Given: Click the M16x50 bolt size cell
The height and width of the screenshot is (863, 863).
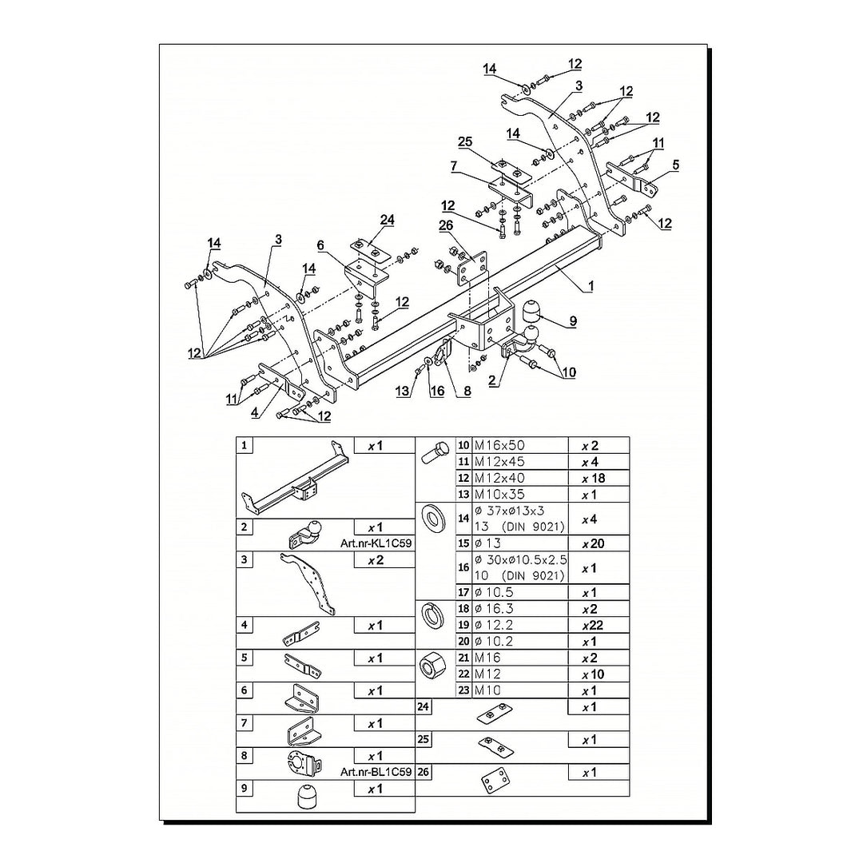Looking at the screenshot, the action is click(499, 445).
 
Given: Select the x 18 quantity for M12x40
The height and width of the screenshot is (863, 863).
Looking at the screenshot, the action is click(593, 479).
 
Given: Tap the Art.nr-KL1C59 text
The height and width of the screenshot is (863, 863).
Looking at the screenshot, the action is click(376, 543).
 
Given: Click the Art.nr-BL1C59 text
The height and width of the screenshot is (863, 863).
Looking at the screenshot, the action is click(376, 772).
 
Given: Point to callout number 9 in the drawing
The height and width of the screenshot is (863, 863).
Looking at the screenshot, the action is click(573, 321).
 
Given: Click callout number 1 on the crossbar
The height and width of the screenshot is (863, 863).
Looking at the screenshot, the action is click(591, 286).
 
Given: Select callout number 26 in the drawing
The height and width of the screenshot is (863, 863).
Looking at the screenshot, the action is click(446, 225).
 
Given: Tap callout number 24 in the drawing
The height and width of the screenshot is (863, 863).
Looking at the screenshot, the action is click(388, 220).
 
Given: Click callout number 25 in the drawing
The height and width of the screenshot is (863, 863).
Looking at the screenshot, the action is click(465, 141).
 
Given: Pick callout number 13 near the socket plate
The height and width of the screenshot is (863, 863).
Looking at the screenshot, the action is click(402, 391).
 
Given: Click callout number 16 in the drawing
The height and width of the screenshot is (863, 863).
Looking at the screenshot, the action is click(437, 391).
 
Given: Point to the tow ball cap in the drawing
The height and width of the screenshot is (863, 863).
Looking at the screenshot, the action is click(529, 310).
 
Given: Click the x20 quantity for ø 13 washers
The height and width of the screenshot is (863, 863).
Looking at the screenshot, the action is click(593, 544).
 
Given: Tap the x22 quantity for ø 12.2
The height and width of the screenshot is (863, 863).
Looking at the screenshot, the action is click(593, 625).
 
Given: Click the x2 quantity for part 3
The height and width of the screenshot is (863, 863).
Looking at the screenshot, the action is click(376, 560).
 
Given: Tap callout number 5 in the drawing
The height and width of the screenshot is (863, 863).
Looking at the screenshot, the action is click(676, 165).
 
